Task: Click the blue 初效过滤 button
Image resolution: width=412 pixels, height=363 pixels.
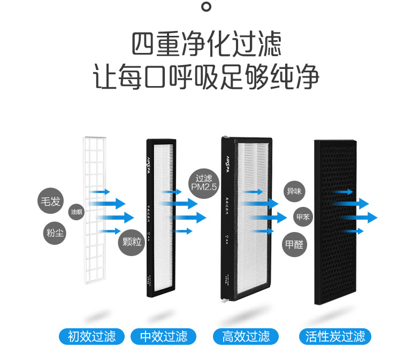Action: (x=91, y=336)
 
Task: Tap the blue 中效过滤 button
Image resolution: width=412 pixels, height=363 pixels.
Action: (x=163, y=336)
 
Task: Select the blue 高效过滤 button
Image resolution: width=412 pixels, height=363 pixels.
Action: (x=246, y=336)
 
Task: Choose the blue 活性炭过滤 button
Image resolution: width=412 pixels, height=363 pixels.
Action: (x=335, y=336)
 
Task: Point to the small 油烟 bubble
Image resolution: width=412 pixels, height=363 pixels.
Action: (x=77, y=212)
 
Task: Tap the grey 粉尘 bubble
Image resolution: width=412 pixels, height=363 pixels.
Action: (x=55, y=233)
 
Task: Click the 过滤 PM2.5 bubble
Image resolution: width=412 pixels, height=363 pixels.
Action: (x=204, y=183)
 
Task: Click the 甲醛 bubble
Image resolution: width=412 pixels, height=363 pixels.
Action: (x=295, y=244)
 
